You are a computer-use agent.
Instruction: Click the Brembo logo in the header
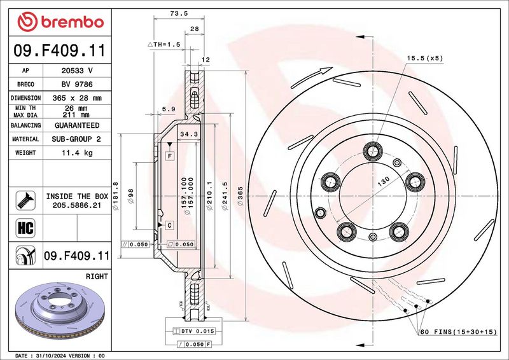[60, 22]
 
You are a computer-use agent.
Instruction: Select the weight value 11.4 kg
[77, 153]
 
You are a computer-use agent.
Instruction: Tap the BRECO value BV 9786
[77, 85]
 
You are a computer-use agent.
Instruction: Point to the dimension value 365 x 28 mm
[77, 98]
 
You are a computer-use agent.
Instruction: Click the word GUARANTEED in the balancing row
[77, 125]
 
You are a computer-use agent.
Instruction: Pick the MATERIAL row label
[25, 139]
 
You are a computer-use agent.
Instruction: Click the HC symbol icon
[25, 228]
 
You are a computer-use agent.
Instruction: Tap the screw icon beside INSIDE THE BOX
[25, 200]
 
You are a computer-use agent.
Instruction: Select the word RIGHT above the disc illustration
[97, 277]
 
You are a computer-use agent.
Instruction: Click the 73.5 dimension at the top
[179, 13]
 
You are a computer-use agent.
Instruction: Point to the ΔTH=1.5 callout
[164, 45]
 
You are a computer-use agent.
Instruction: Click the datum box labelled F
[170, 156]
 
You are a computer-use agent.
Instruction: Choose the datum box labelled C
[170, 225]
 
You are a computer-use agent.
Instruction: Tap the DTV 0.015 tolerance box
[194, 331]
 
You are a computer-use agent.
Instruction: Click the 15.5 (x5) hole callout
[425, 59]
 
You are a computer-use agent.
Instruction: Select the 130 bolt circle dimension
[384, 181]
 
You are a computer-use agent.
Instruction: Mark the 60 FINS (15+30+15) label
[459, 332]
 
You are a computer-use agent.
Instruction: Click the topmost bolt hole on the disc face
[373, 151]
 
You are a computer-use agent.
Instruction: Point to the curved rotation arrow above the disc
[311, 77]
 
